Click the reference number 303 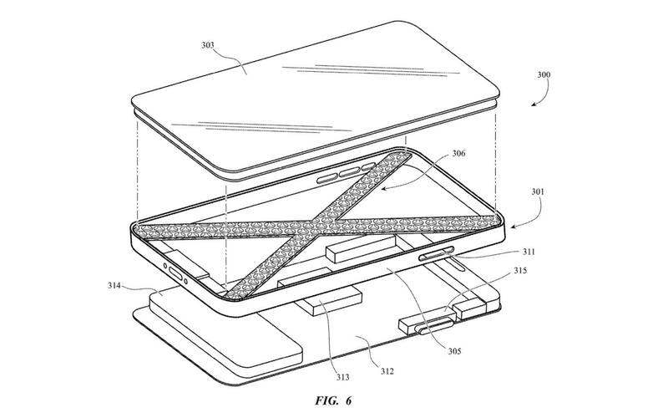pyautogui.click(x=208, y=45)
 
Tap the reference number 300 pyautogui.click(x=544, y=74)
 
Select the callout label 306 pyautogui.click(x=458, y=153)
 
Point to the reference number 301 pyautogui.click(x=538, y=192)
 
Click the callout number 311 pyautogui.click(x=529, y=252)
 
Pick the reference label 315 pyautogui.click(x=519, y=270)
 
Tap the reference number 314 pyautogui.click(x=114, y=285)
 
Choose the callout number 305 pyautogui.click(x=454, y=351)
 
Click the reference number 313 pyautogui.click(x=342, y=377)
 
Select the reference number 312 pyautogui.click(x=387, y=371)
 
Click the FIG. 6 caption pyautogui.click(x=333, y=401)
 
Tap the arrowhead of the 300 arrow pyautogui.click(x=534, y=104)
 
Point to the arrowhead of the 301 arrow pyautogui.click(x=514, y=227)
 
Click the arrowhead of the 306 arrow pyautogui.click(x=382, y=186)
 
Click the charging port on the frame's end pyautogui.click(x=175, y=273)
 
